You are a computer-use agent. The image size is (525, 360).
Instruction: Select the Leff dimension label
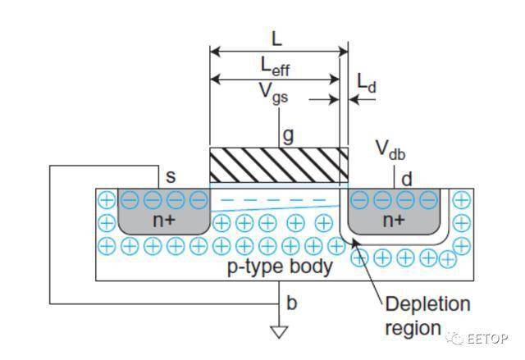coord(275,65)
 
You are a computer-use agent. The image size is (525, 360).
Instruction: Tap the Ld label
coord(366,82)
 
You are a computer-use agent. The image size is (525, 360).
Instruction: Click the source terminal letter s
coord(171,175)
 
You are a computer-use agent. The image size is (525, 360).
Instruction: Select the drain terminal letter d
coord(404,177)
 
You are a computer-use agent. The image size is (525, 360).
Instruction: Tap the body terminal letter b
coord(291,303)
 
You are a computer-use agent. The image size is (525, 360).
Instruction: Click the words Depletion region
coord(428,315)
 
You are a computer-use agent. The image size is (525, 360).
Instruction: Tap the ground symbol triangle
coord(281,332)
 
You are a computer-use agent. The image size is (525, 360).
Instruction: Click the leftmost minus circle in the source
coord(130,199)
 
